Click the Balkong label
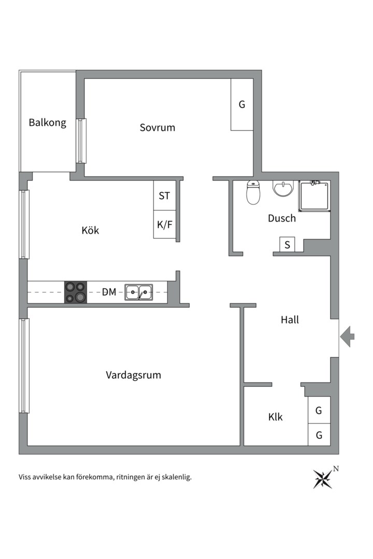pyautogui.click(x=48, y=123)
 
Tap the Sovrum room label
pyautogui.click(x=157, y=128)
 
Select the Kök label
pyautogui.click(x=90, y=230)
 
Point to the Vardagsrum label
pyautogui.click(x=134, y=375)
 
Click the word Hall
pyautogui.click(x=290, y=320)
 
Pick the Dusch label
pyautogui.click(x=282, y=218)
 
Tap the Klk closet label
pyautogui.click(x=276, y=417)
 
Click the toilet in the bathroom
pyautogui.click(x=253, y=193)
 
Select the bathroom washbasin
pyautogui.click(x=283, y=188)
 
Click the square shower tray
pyautogui.click(x=314, y=196)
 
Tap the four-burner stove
pyautogui.click(x=76, y=292)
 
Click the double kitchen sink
pyautogui.click(x=139, y=292)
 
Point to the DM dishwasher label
pyautogui.click(x=109, y=292)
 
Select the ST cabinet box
pyautogui.click(x=165, y=195)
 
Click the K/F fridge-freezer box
pyautogui.click(x=165, y=224)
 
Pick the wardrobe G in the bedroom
pyautogui.click(x=242, y=105)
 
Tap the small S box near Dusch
pyautogui.click(x=288, y=244)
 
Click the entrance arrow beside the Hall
pyautogui.click(x=347, y=336)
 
